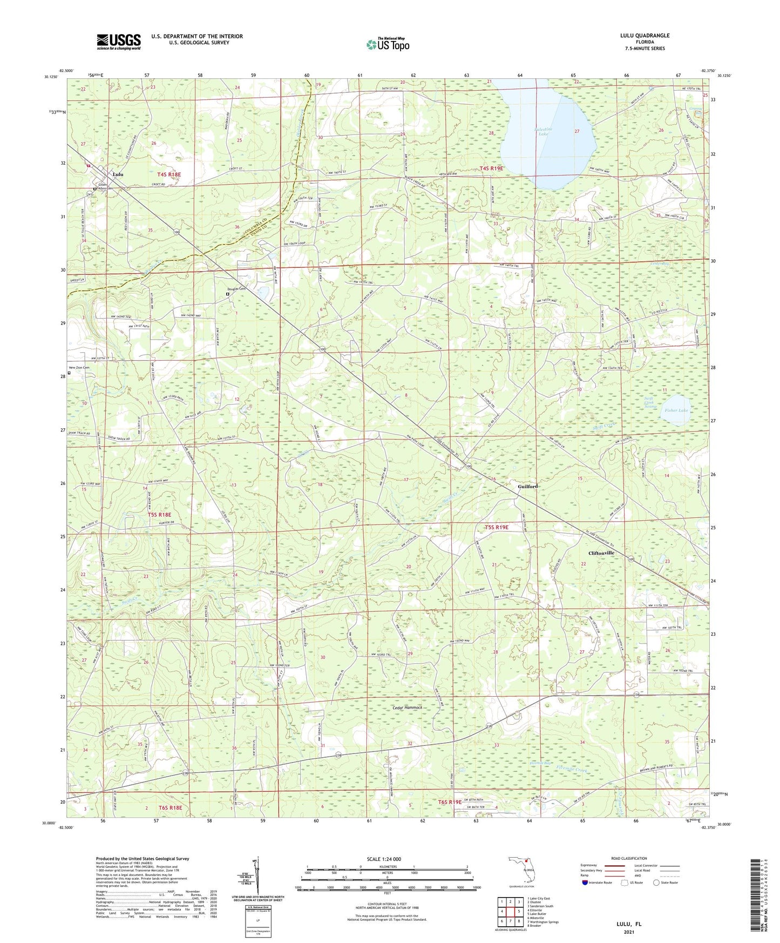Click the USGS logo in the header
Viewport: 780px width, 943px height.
[x=118, y=42]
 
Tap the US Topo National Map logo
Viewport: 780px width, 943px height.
[x=388, y=44]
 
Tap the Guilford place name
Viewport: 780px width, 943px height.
[x=527, y=486]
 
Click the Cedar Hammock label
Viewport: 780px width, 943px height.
[x=407, y=708]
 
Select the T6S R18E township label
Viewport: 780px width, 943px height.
[x=170, y=807]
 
